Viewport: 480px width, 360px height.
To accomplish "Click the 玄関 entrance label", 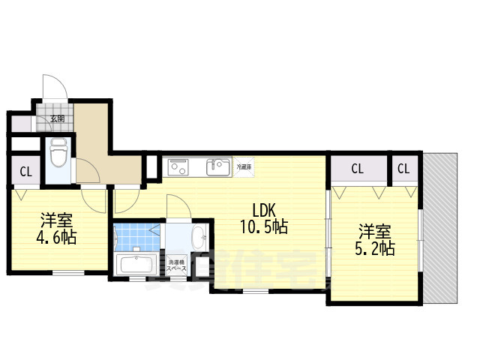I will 57,118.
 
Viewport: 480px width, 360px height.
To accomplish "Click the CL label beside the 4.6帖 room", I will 25,172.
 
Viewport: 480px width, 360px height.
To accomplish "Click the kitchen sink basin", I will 218,166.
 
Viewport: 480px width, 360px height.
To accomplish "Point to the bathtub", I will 136,265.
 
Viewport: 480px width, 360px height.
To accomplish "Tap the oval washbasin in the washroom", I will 198,240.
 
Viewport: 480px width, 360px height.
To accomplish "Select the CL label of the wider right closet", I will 356,169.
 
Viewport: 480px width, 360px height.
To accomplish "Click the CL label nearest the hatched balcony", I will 403,169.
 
